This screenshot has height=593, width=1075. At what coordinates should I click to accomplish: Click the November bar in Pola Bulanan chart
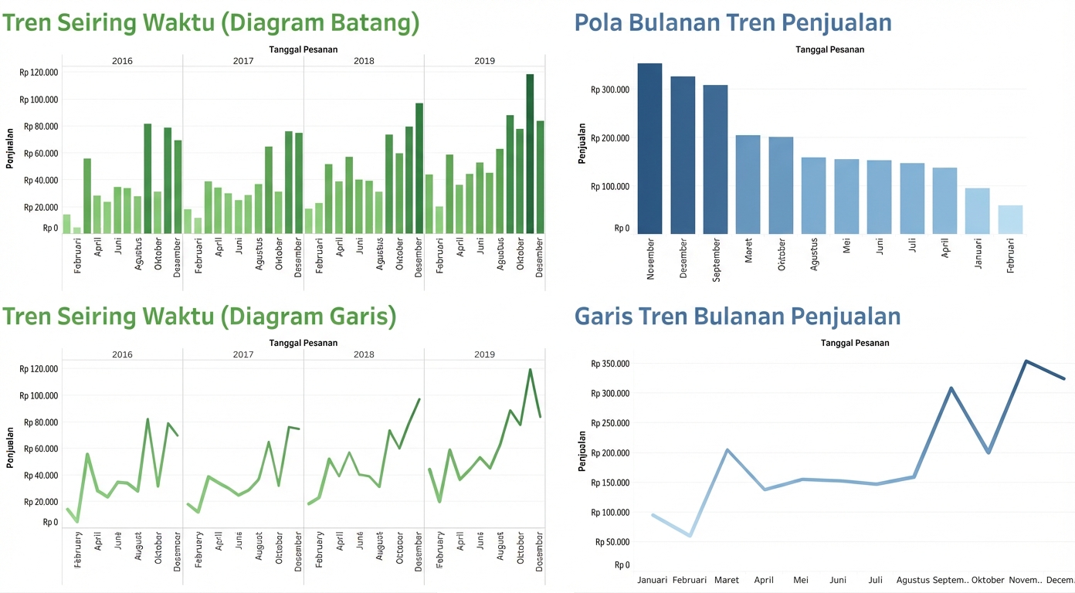tap(649, 148)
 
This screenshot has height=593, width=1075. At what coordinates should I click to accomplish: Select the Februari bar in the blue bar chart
tap(1010, 219)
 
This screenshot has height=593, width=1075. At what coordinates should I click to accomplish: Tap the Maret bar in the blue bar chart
tap(748, 185)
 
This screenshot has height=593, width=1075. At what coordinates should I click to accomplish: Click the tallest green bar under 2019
tap(530, 154)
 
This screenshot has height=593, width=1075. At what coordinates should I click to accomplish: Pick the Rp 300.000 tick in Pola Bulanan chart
tap(610, 90)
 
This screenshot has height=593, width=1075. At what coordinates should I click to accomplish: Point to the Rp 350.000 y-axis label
tap(610, 364)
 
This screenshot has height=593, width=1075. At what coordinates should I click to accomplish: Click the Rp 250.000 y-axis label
tap(610, 423)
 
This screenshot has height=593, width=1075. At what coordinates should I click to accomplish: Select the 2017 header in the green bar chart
tap(242, 60)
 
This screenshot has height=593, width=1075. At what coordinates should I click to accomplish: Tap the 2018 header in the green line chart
tap(364, 354)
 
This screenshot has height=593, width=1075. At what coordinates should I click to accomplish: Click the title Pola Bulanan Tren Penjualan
tap(733, 22)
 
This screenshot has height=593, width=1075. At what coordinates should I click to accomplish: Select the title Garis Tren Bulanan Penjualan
tap(738, 316)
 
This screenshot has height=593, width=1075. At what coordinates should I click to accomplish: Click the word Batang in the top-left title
tap(372, 23)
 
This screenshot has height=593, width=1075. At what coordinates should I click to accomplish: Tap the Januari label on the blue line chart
tap(653, 580)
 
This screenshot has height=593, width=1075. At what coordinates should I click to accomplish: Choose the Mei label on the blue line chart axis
tap(801, 580)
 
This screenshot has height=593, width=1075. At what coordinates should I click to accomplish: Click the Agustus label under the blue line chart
tap(913, 580)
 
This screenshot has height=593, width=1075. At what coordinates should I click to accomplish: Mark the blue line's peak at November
tap(1026, 361)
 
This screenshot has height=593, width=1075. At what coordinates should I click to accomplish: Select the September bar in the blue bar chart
tap(715, 159)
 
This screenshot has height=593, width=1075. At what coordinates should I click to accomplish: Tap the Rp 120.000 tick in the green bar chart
tap(39, 73)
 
